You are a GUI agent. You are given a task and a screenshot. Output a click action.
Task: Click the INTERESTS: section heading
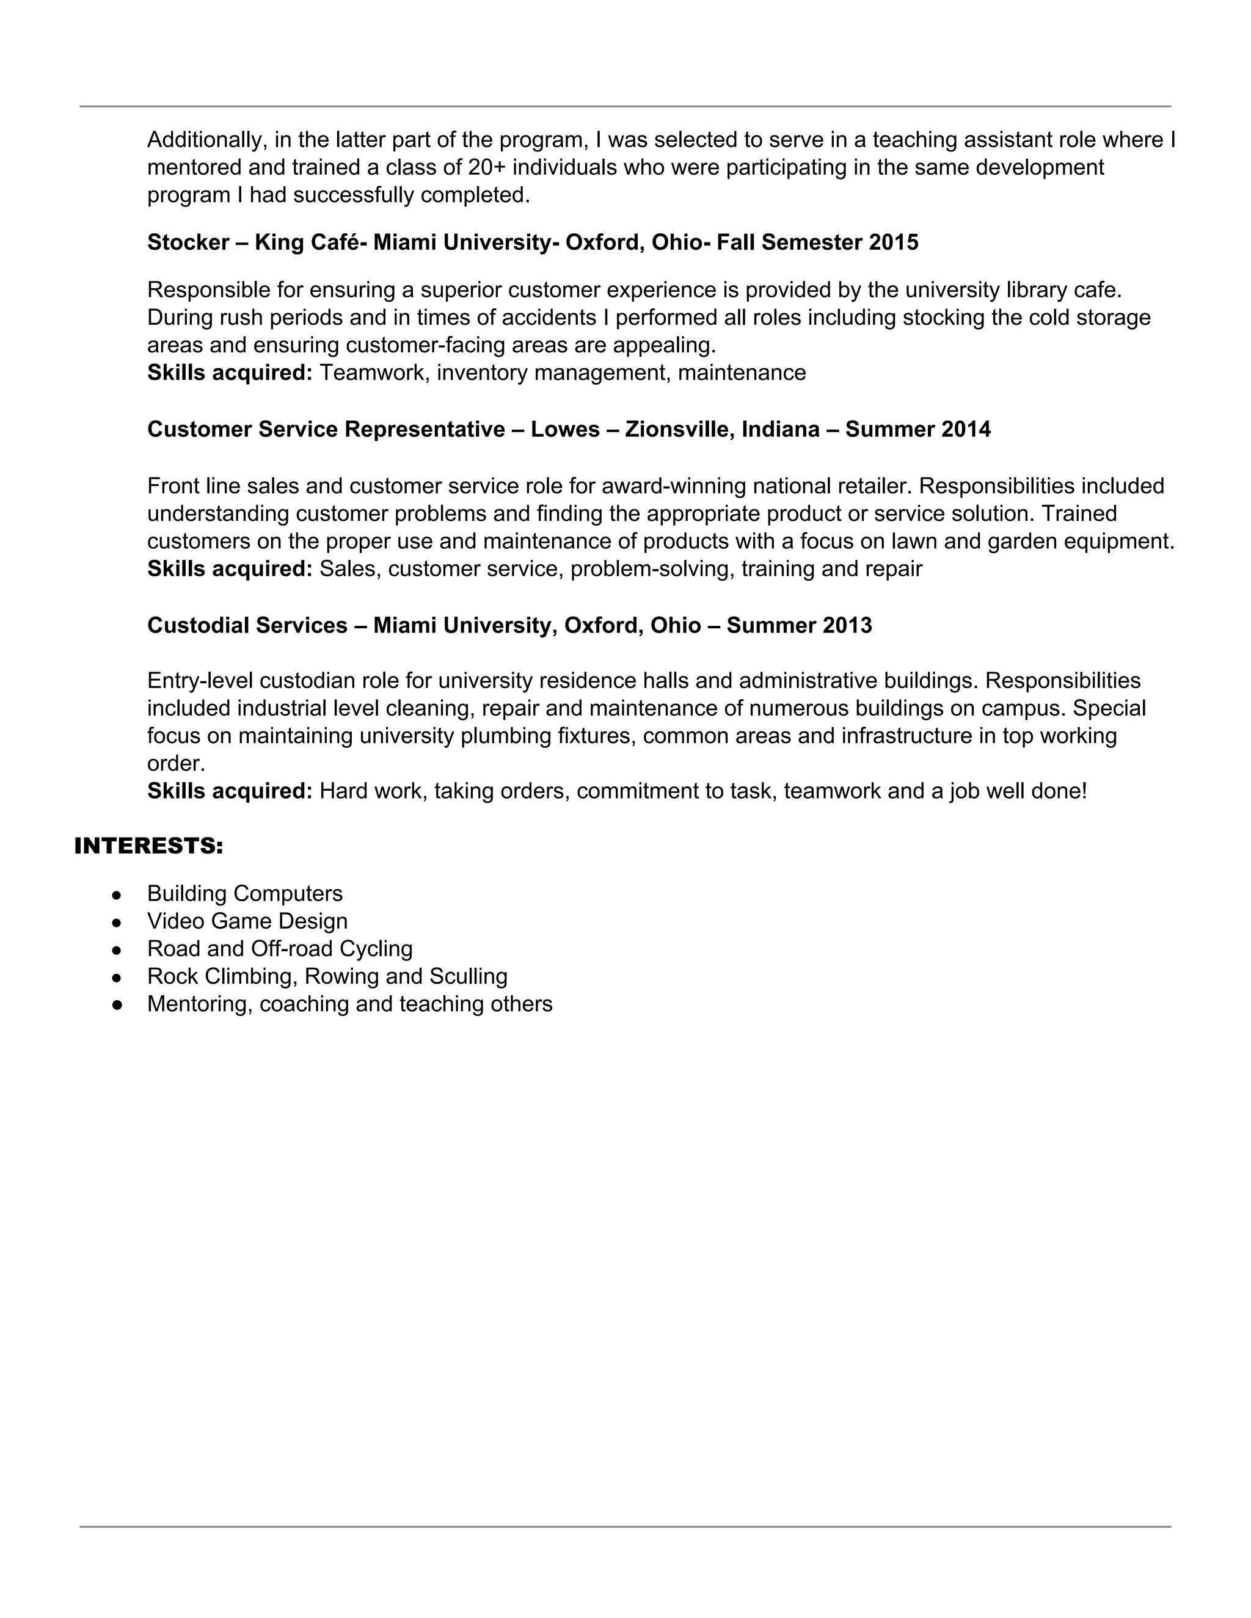pos(148,846)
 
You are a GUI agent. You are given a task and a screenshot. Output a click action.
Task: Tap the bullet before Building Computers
pos(116,895)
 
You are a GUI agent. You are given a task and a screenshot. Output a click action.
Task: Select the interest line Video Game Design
pos(247,921)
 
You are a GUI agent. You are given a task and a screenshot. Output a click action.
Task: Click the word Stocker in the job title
pos(188,242)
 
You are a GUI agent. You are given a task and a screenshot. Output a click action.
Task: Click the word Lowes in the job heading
pos(565,430)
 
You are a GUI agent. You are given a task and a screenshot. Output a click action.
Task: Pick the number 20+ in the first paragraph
pos(487,167)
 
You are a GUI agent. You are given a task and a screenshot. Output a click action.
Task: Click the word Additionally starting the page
pos(207,140)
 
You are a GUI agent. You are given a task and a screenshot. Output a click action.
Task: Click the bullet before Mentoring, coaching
pos(116,1006)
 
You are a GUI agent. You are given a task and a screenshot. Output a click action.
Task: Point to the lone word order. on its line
pos(176,764)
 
